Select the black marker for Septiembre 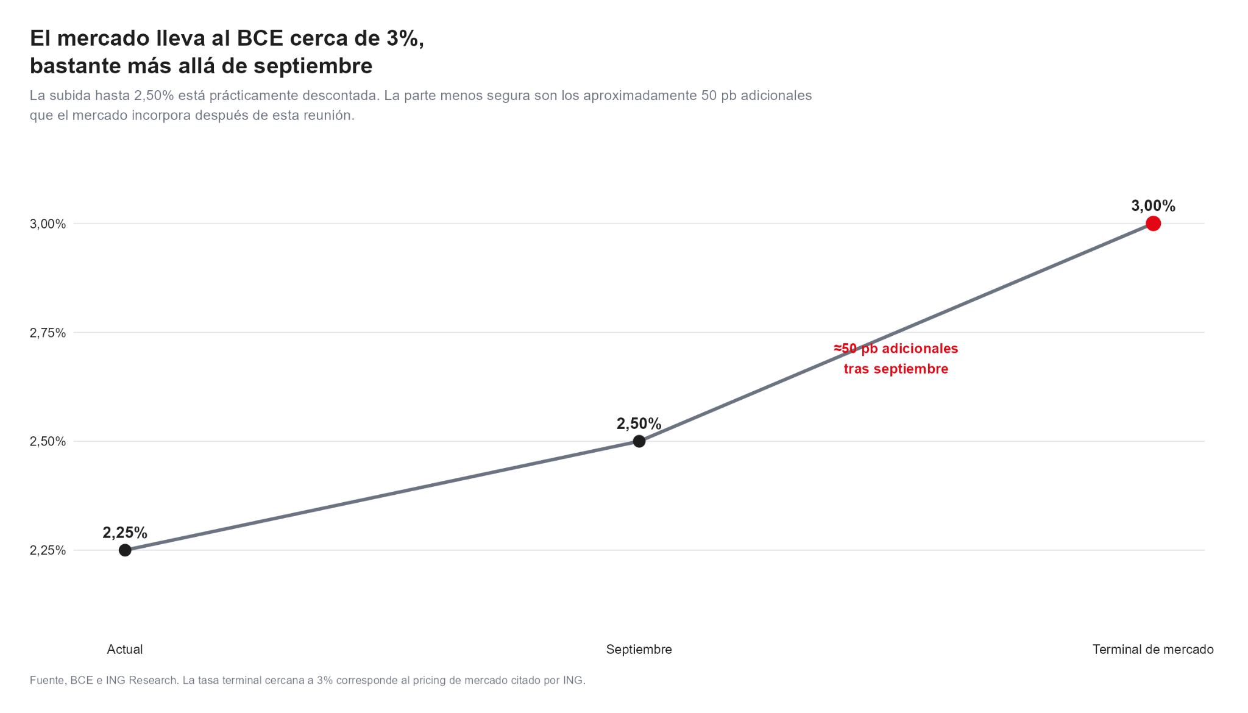(x=639, y=441)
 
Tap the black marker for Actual (x=125, y=550)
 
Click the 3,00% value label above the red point (x=1153, y=206)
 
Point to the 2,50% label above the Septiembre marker (x=639, y=424)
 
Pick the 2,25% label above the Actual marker (x=125, y=533)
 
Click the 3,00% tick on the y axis (x=48, y=224)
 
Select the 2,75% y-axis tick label (x=48, y=333)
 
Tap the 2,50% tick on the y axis (x=48, y=441)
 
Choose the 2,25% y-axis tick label (x=48, y=550)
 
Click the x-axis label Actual (x=125, y=650)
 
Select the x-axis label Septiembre (x=639, y=650)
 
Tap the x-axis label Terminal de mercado (x=1153, y=650)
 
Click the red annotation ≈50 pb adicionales (x=896, y=349)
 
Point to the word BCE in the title (x=260, y=38)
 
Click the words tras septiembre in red (x=896, y=369)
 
